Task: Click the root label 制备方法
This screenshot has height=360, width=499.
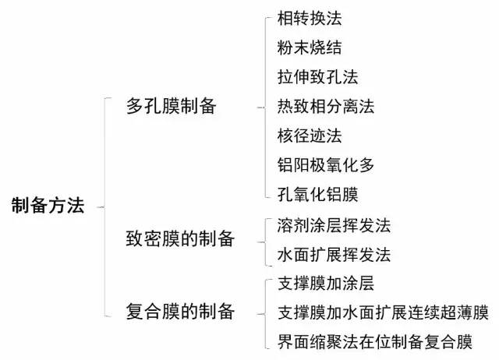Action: coord(48,206)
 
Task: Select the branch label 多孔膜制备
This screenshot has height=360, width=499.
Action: coord(172,107)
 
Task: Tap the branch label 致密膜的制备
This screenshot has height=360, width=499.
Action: coord(180,238)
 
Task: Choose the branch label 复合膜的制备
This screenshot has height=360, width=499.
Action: coord(180,312)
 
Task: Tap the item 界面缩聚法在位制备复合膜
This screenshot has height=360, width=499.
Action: coord(375,341)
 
